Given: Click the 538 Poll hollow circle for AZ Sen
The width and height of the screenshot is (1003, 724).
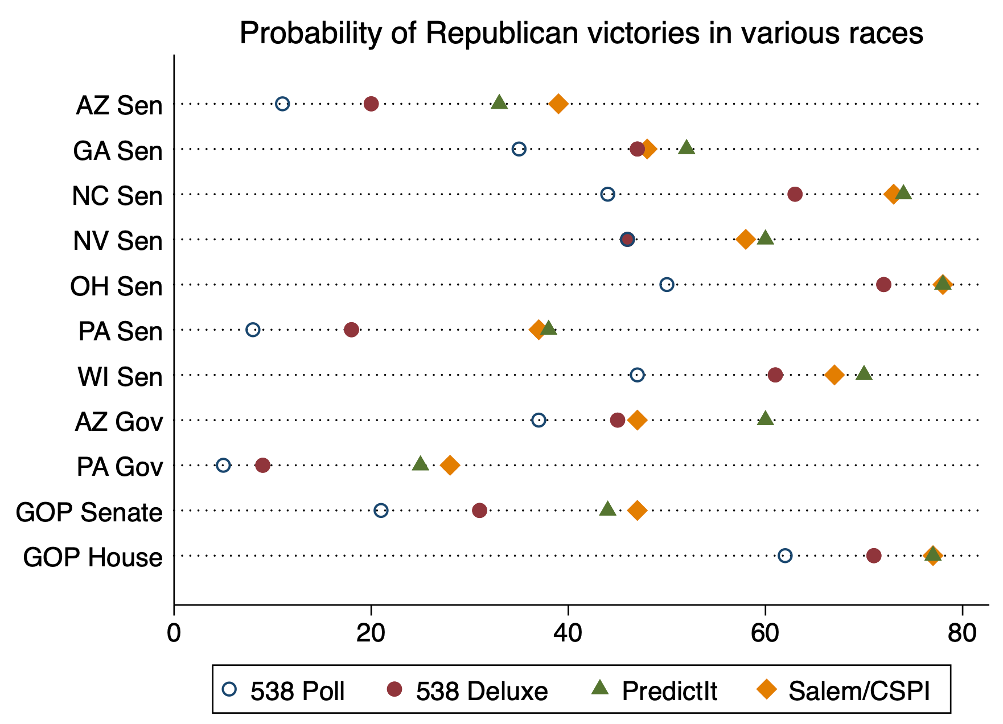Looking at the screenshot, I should click(282, 104).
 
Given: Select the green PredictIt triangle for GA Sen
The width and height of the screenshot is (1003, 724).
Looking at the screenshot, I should click(687, 148).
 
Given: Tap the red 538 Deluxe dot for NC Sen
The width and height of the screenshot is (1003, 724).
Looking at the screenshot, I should click(795, 194).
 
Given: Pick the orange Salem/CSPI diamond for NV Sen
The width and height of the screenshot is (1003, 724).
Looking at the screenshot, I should click(746, 239).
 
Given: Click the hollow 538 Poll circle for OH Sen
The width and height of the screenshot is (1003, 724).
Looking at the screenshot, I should click(667, 284).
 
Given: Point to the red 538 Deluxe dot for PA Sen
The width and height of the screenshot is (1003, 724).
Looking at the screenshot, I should click(352, 330).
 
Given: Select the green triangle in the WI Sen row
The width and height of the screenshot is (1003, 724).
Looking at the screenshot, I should click(864, 374).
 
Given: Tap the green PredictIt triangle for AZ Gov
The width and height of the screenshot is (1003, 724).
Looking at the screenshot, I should click(766, 419).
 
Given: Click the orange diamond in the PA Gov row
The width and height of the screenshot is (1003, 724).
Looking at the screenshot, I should click(450, 465).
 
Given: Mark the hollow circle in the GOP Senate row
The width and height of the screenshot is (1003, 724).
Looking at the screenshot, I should click(381, 510).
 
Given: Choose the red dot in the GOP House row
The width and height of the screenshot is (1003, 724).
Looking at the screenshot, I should click(874, 556).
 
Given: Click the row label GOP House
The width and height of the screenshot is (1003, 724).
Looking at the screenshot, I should click(93, 558).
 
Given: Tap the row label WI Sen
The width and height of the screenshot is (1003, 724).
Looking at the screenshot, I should click(120, 377).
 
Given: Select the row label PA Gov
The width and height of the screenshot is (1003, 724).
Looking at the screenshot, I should click(120, 468).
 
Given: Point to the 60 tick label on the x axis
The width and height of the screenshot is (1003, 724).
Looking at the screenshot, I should click(765, 633).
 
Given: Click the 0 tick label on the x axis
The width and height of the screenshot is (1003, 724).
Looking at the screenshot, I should click(174, 633).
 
